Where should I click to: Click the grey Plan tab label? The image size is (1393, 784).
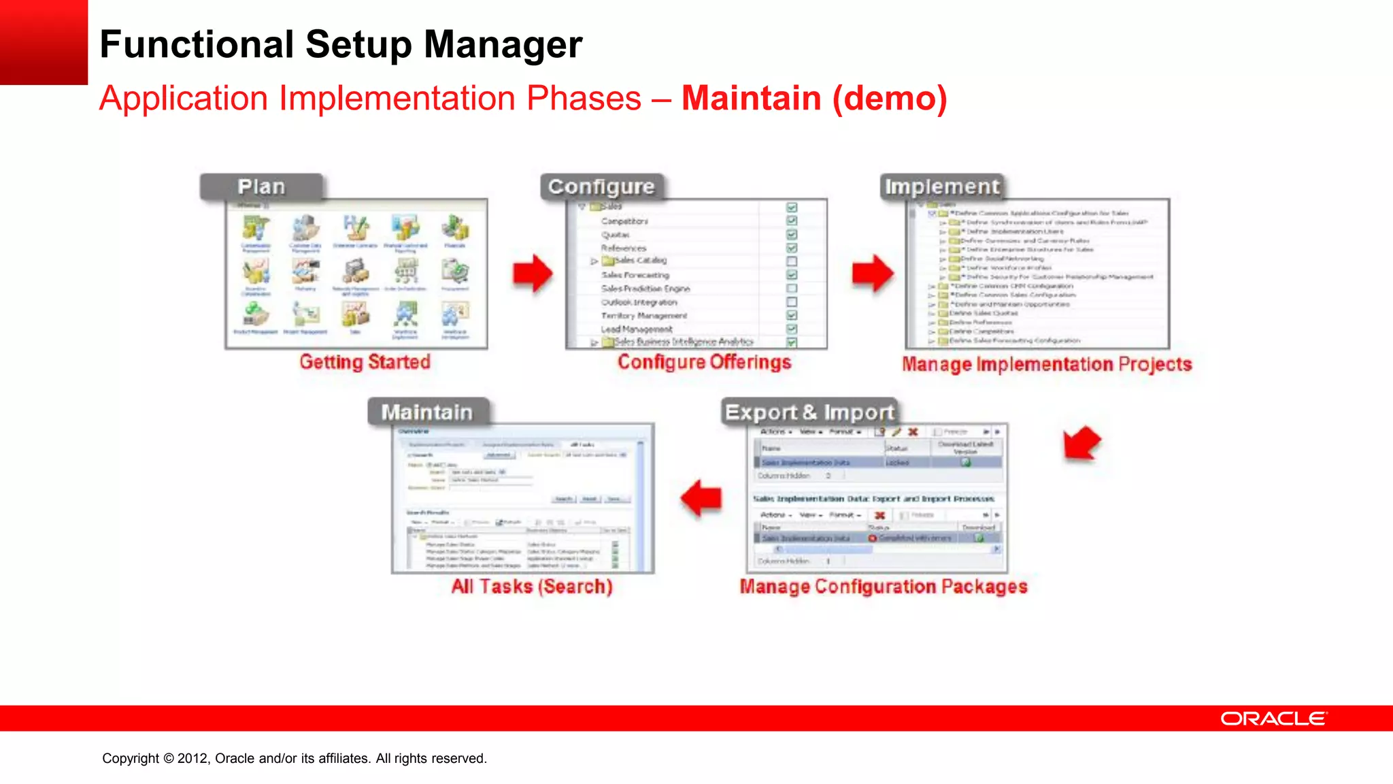(261, 186)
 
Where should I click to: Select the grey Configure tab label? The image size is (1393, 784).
(601, 186)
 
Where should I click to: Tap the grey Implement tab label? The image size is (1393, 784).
(942, 186)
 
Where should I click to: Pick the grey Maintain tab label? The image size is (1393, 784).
(427, 412)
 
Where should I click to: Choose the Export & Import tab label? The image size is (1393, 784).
(809, 412)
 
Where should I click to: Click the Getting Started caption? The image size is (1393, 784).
(365, 361)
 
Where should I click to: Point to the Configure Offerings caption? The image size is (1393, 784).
(704, 361)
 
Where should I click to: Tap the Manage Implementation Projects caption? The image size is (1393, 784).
(1047, 364)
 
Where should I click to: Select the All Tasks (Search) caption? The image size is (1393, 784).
(532, 586)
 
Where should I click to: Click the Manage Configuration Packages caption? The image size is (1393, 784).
(884, 586)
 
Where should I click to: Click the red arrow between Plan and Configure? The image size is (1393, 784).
(533, 273)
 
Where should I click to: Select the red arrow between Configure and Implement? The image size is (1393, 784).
(873, 273)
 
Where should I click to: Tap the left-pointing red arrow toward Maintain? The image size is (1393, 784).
(701, 498)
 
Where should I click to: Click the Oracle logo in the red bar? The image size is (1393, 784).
(1273, 719)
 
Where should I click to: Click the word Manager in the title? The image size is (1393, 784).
(503, 44)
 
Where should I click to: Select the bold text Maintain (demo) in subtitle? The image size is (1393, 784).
(814, 98)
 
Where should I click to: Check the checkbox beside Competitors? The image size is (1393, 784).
(792, 220)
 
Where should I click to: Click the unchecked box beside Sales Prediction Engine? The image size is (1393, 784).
(792, 288)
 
